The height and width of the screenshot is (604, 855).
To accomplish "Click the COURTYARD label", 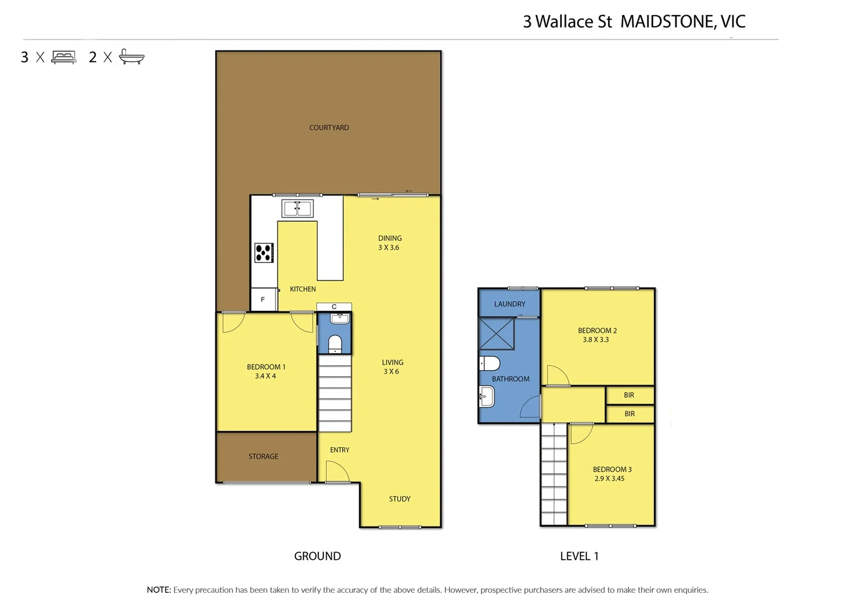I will pyautogui.click(x=329, y=128).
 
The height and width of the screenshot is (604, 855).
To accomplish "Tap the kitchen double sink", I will pyautogui.click(x=297, y=209).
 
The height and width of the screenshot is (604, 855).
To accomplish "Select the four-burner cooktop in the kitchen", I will pyautogui.click(x=264, y=253).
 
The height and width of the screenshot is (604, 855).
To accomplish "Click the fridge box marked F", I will pyautogui.click(x=263, y=300).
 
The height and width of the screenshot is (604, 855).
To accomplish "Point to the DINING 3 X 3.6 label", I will pyautogui.click(x=389, y=243).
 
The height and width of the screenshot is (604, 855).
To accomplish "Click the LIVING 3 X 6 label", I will pyautogui.click(x=392, y=367).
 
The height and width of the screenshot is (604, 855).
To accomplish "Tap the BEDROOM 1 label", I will pyautogui.click(x=266, y=371).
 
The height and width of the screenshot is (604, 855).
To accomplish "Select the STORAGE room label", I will pyautogui.click(x=263, y=456).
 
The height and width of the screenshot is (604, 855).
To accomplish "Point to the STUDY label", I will pyautogui.click(x=400, y=499).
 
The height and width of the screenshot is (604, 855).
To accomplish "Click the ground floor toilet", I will pyautogui.click(x=335, y=343).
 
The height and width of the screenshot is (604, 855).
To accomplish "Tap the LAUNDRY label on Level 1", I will pyautogui.click(x=509, y=304).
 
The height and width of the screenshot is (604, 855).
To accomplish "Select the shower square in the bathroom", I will pyautogui.click(x=496, y=334).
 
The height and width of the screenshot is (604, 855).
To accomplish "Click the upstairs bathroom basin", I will pyautogui.click(x=487, y=398).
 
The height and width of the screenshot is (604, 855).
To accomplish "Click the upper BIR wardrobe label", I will pyautogui.click(x=629, y=395).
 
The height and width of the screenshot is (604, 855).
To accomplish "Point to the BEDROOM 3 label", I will pyautogui.click(x=612, y=474).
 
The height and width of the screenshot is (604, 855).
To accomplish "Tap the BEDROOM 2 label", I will pyautogui.click(x=597, y=335).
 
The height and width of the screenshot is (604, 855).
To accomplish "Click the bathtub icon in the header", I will pyautogui.click(x=131, y=56).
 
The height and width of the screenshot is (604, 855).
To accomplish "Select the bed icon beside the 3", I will pyautogui.click(x=64, y=57).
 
